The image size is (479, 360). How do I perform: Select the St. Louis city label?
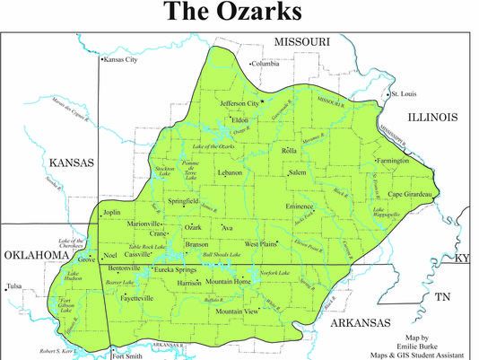pos(403,93)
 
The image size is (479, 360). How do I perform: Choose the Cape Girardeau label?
pos(411,195)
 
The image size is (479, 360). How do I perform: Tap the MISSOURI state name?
pos(303,42)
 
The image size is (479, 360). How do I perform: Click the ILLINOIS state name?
pos(433,117)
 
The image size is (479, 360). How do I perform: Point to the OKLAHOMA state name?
pos(37,256)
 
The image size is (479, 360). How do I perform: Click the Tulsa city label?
pos(14,287)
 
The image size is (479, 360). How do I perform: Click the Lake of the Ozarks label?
pos(213,145)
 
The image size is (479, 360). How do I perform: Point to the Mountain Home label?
pos(229,282)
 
